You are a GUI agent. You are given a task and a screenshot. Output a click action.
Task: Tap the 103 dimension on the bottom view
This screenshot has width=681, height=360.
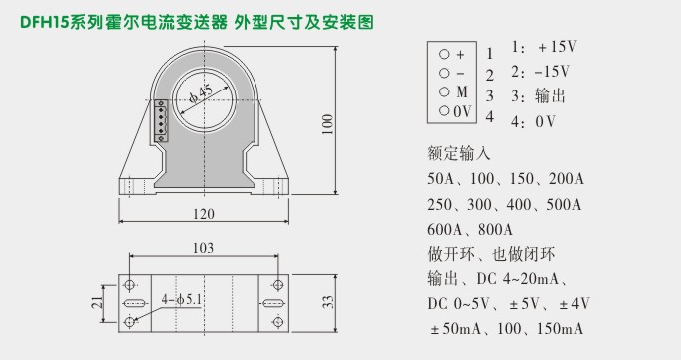coord(203,248)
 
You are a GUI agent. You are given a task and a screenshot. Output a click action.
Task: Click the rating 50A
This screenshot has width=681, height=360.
coord(443,179)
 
